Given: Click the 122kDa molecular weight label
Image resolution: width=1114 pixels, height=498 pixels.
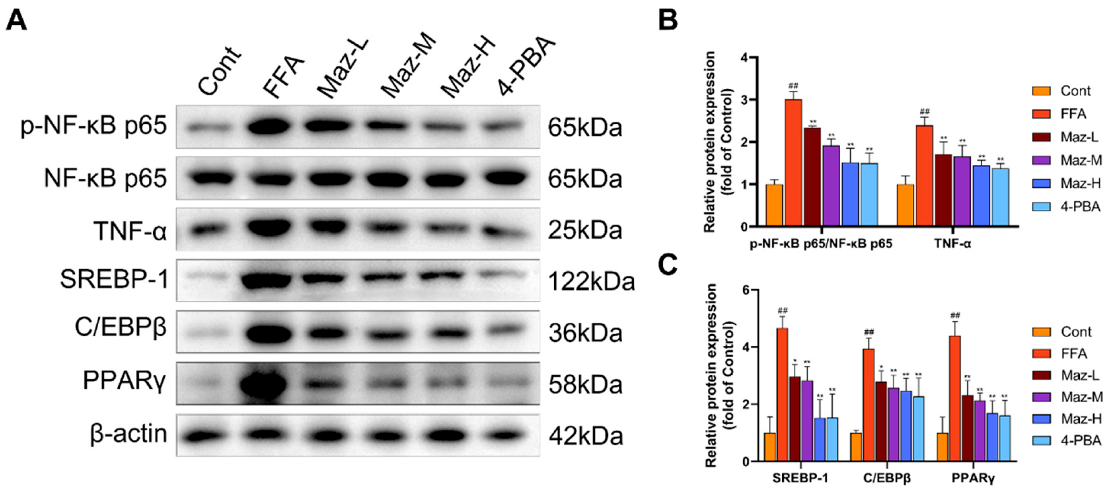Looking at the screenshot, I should [x=591, y=282].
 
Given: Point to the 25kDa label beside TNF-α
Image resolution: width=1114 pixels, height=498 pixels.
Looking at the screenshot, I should [x=585, y=231].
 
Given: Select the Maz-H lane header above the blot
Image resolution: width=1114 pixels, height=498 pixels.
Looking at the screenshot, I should [x=467, y=69].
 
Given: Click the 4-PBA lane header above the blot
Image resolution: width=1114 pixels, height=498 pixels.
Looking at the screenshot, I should [x=525, y=67].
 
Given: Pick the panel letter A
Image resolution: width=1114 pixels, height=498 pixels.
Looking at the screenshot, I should [x=16, y=21].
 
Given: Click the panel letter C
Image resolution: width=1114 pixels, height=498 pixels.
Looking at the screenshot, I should [x=668, y=265].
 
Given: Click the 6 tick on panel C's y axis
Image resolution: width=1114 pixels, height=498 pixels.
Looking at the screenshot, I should [x=746, y=290].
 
